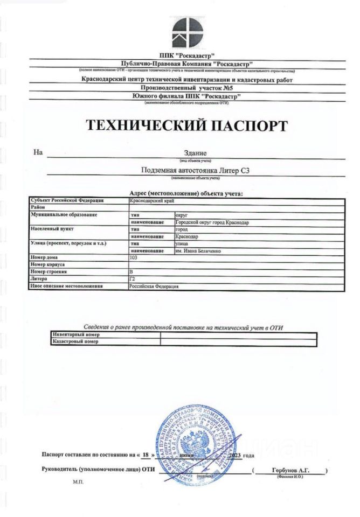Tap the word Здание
click(x=195, y=153)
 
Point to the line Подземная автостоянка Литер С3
click(x=195, y=171)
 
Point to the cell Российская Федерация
click(x=154, y=287)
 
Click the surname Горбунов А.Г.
click(x=291, y=470)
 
